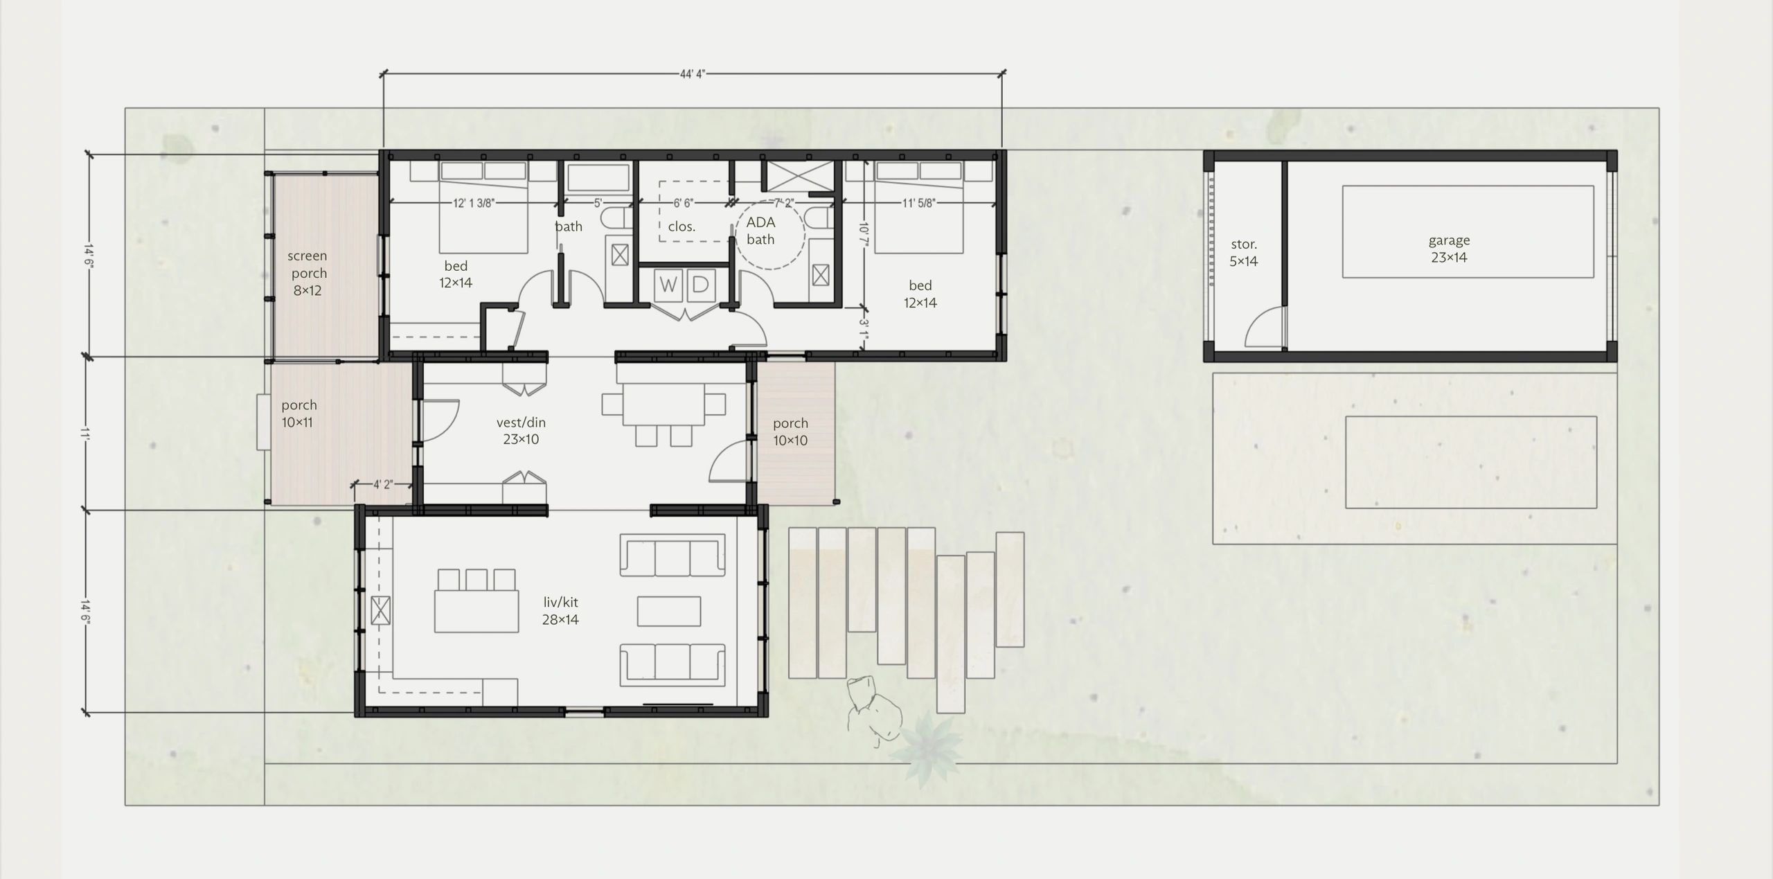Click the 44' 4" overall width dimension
[693, 74]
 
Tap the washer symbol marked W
[668, 285]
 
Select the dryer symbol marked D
[700, 285]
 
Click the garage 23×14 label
[1449, 249]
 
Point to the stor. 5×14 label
[1244, 253]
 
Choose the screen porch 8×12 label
[308, 273]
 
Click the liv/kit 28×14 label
[560, 611]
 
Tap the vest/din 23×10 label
[521, 430]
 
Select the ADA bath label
[760, 231]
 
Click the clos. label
[682, 227]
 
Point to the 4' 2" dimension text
[383, 485]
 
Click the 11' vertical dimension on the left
[86, 434]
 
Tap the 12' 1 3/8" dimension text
[474, 203]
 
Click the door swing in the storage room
[1263, 326]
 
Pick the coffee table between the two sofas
[669, 611]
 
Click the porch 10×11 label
[299, 414]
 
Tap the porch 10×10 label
[790, 432]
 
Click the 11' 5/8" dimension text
[918, 203]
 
